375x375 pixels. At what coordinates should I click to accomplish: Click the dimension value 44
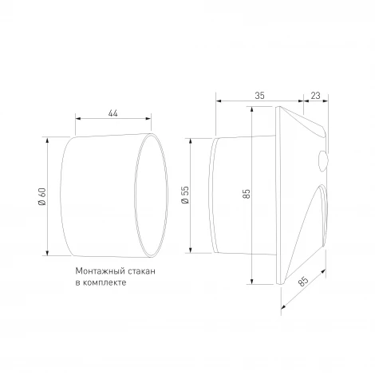(x=112, y=114)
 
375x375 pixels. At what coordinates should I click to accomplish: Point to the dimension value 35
(x=259, y=95)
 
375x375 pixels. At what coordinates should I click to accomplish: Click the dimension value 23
(x=316, y=95)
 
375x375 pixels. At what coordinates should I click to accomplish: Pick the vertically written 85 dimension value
(x=247, y=194)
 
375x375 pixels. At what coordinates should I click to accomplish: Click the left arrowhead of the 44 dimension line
(x=77, y=120)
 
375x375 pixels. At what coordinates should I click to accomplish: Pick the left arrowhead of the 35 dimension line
(x=218, y=101)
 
